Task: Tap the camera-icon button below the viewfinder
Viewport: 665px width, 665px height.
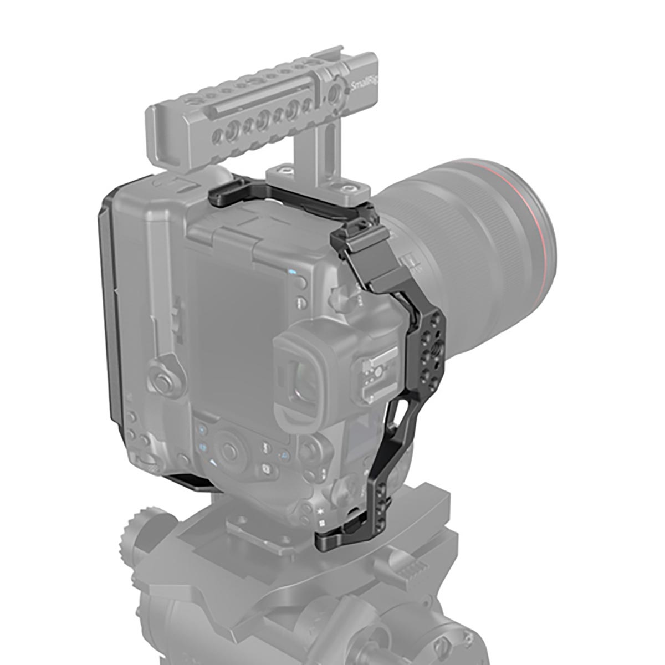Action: pos(265,471)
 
